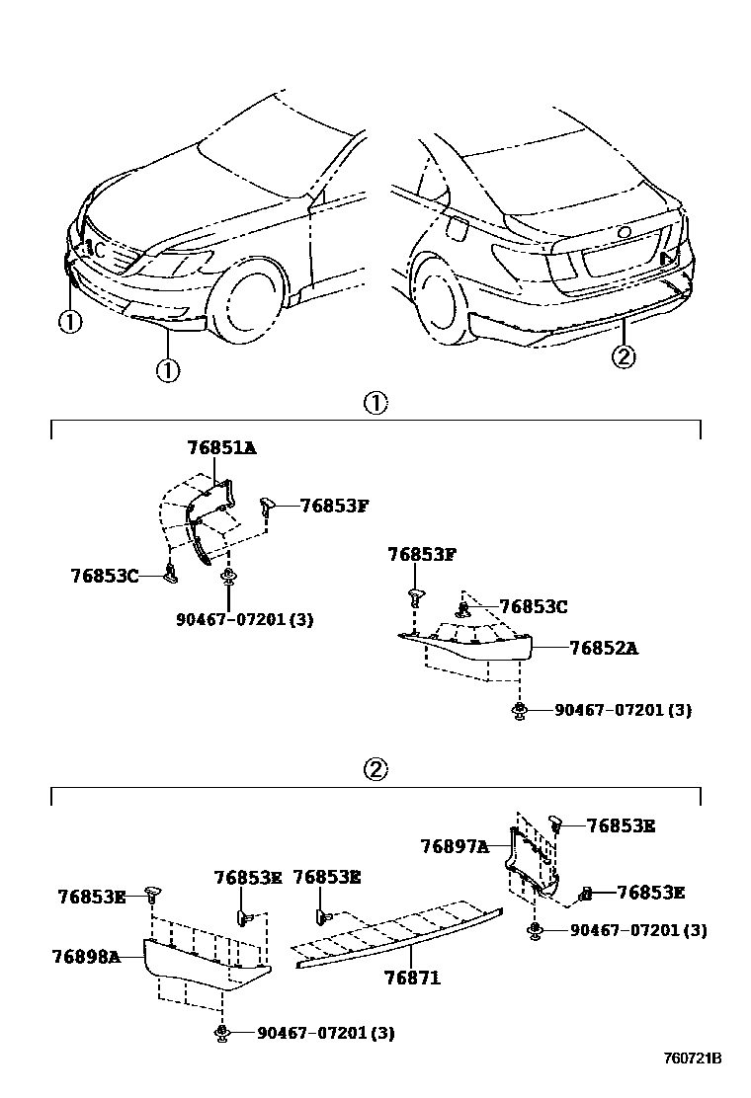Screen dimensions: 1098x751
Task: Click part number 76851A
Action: point(221,448)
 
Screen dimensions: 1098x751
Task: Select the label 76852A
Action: point(603,649)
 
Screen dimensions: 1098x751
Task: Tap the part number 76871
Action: point(411,978)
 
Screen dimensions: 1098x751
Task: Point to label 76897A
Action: point(454,846)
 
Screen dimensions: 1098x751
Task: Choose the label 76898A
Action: point(86,956)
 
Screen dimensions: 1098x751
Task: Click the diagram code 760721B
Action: point(692,1059)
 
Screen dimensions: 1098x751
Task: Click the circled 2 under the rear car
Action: point(623,356)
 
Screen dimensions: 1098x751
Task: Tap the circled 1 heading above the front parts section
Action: point(375,403)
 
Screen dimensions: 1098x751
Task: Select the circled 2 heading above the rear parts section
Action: point(375,770)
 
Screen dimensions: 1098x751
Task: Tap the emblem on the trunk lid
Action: point(624,233)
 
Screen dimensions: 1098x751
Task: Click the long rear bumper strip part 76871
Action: point(395,937)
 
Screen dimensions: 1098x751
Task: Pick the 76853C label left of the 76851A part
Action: point(105,575)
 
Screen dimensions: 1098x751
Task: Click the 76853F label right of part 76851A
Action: point(334,506)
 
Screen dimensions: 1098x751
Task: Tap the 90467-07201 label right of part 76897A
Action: point(637,930)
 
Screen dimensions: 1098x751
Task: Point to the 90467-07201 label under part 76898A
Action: point(325,1033)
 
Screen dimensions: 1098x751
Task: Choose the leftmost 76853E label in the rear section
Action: point(92,897)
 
